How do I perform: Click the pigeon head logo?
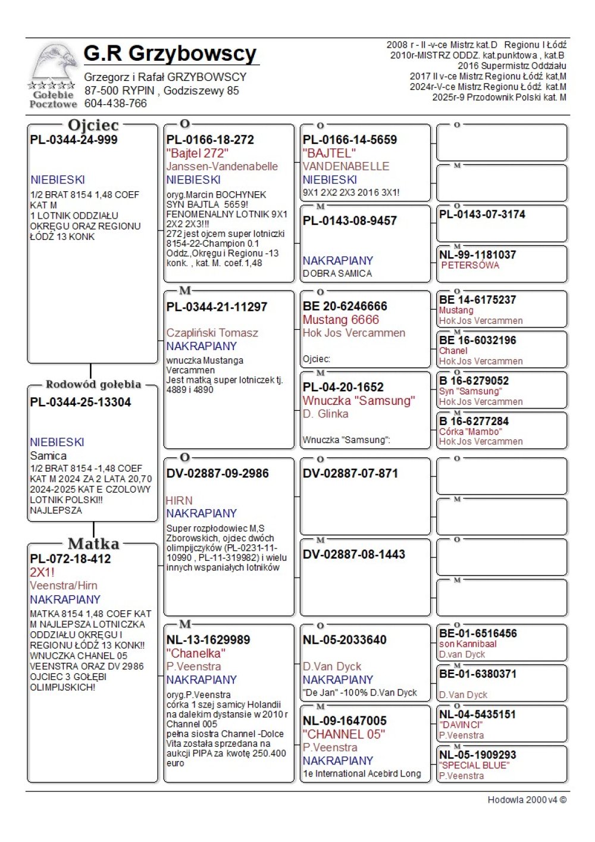tap(55, 63)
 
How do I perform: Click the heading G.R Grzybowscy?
tap(170, 54)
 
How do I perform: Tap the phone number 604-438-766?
tap(115, 104)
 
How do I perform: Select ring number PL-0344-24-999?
tap(74, 140)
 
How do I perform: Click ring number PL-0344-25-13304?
tap(80, 402)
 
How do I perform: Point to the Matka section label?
tap(93, 544)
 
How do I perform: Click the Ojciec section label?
tap(93, 125)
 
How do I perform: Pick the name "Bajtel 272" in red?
tap(198, 153)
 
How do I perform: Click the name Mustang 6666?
tap(341, 320)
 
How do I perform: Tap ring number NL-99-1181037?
tap(478, 255)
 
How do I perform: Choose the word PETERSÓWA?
tap(470, 266)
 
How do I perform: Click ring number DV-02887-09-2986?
tap(218, 473)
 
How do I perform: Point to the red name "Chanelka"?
tap(196, 653)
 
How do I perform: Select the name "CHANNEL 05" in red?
tap(344, 734)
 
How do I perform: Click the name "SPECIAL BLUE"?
tap(474, 765)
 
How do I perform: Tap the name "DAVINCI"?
tap(461, 725)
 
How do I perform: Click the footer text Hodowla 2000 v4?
tap(527, 800)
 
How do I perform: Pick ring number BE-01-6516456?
tap(478, 634)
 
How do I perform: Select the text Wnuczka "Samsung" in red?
tap(359, 401)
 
